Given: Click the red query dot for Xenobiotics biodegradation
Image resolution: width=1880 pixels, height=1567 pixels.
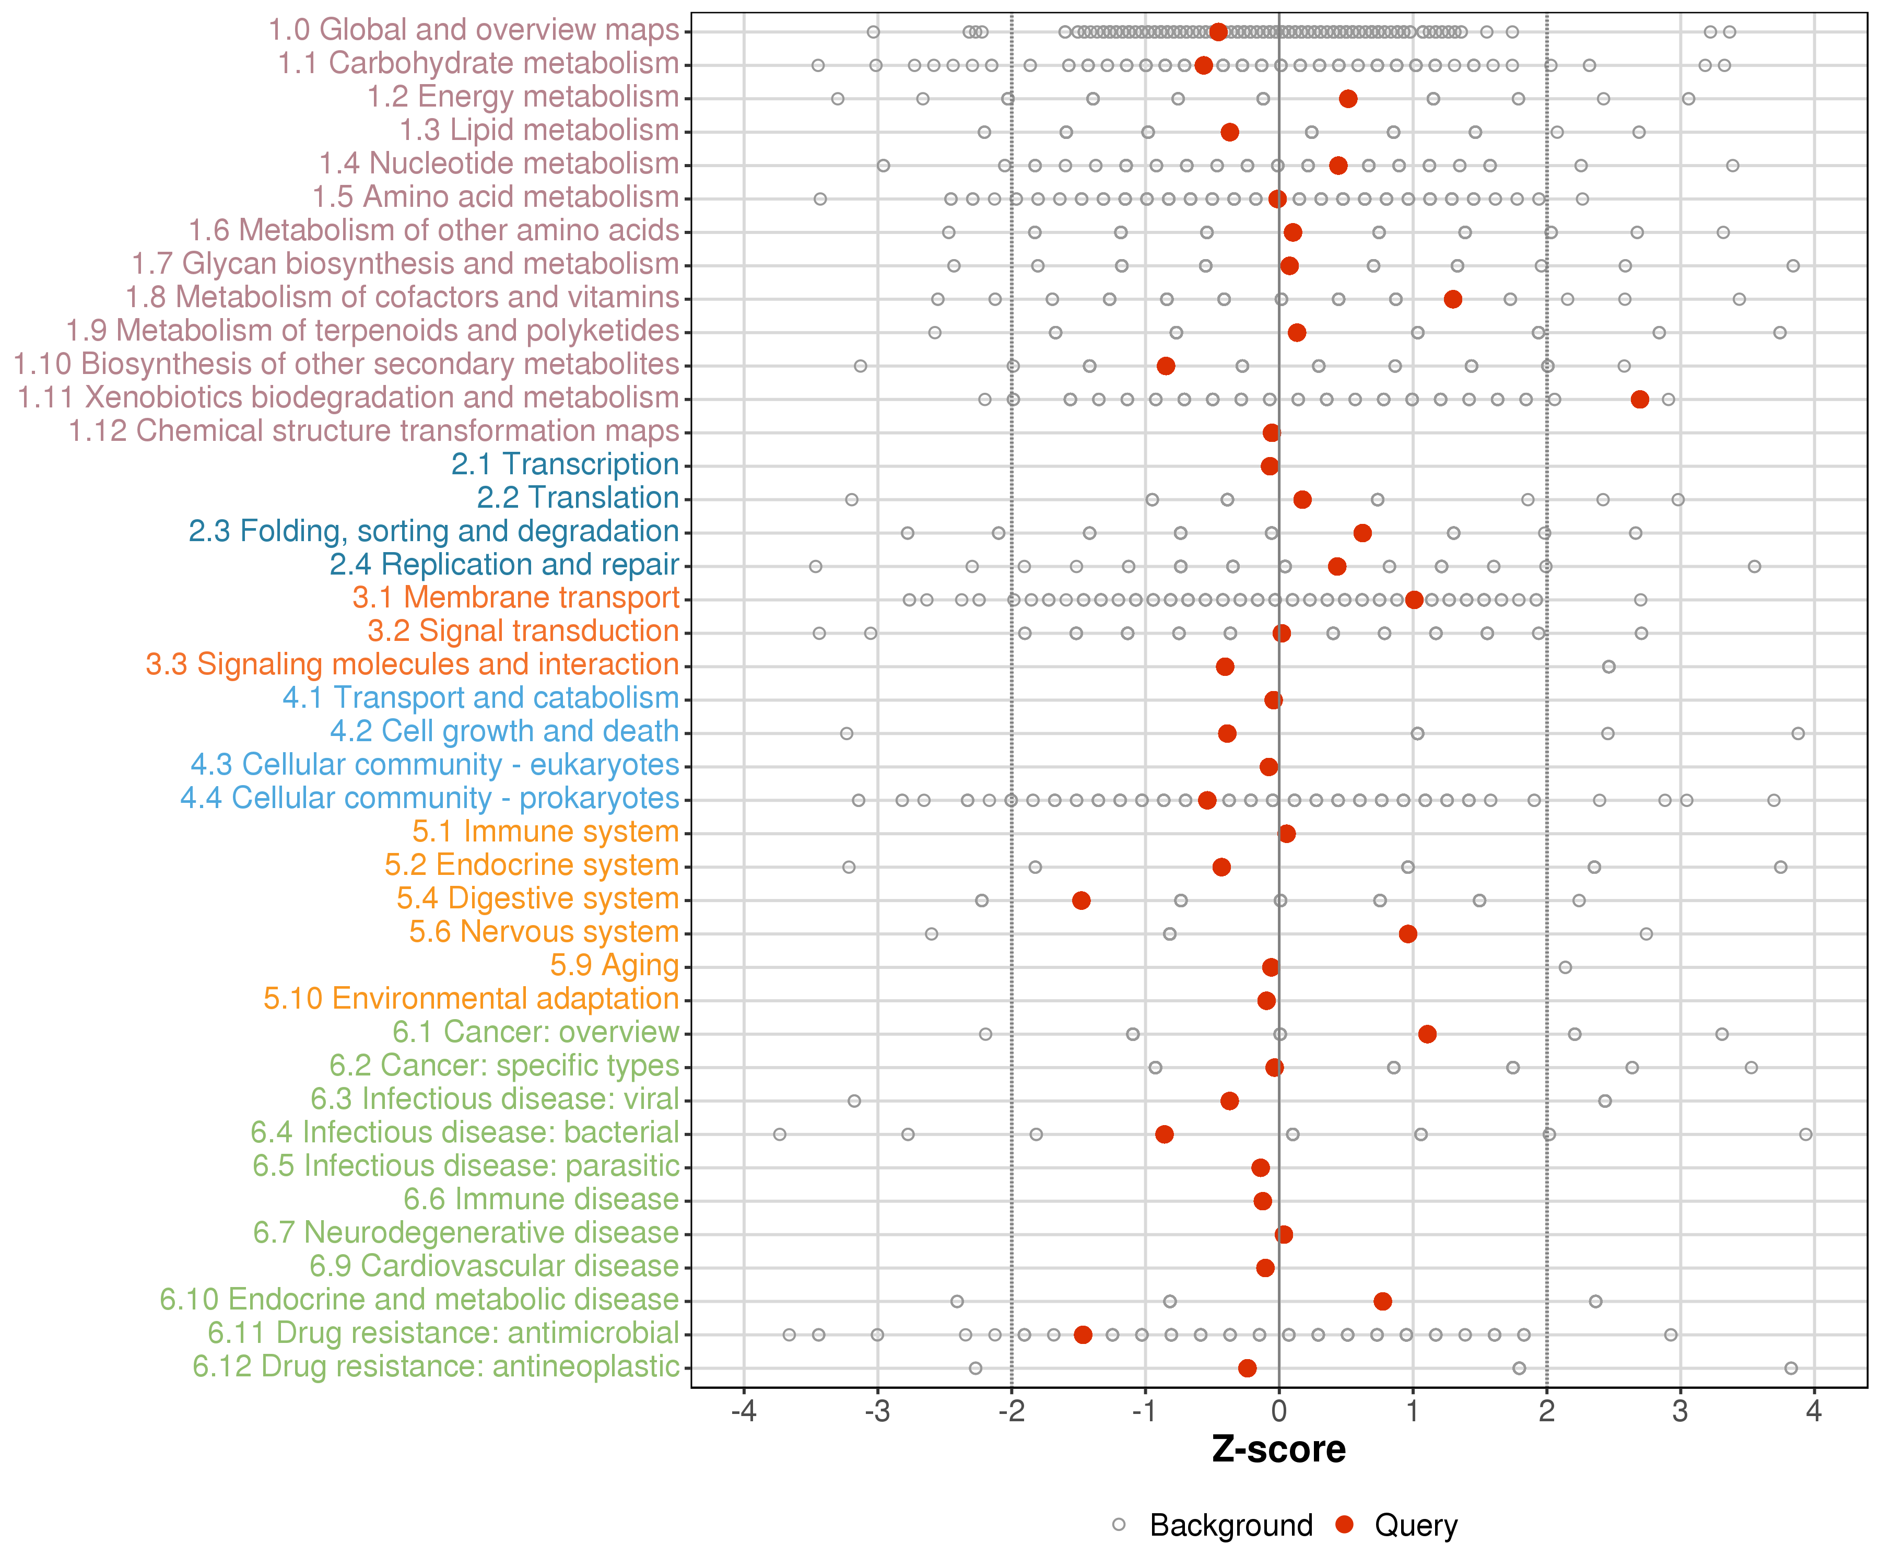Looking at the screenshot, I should (1639, 400).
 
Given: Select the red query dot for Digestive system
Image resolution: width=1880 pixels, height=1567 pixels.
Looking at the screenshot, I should (1082, 900).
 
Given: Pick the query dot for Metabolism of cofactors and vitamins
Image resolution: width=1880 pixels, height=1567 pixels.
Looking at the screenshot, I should (1453, 299).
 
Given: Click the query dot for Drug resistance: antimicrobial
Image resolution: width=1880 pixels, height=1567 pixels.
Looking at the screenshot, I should (1083, 1335).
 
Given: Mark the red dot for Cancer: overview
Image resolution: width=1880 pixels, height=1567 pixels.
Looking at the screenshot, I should (1428, 1034).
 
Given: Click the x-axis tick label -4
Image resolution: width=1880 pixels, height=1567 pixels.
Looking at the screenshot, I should (744, 1412).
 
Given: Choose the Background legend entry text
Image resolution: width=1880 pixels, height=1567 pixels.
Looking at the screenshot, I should (1231, 1525).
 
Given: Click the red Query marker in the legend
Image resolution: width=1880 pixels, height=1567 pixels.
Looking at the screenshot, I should (1344, 1524).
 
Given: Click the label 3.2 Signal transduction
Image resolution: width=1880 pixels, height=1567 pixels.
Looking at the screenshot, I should (524, 632).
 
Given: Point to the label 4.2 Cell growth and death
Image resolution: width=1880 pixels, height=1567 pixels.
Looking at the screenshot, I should (505, 732).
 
